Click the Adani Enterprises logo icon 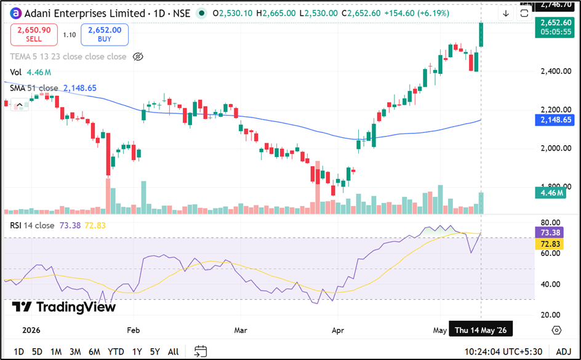[15, 14]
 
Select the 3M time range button [75, 351]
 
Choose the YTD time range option [116, 351]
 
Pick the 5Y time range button [155, 351]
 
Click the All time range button [173, 351]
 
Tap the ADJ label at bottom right [564, 351]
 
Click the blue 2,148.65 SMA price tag [555, 120]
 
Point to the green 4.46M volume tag [551, 193]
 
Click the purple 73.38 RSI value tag [550, 233]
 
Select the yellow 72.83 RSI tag [550, 244]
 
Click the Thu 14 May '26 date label [481, 330]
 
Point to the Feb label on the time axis [134, 330]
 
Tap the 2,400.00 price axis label [556, 71]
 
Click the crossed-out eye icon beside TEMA [138, 57]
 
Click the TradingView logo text [64, 307]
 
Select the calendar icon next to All [201, 351]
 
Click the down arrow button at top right [506, 14]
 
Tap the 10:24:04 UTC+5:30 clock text [503, 351]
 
